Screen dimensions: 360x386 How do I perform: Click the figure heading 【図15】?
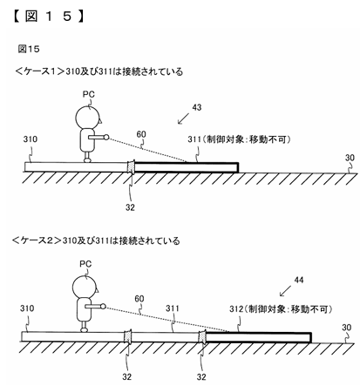[49, 17]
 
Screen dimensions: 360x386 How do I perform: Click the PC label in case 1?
[89, 94]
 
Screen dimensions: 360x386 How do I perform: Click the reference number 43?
[197, 107]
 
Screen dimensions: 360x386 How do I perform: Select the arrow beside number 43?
[183, 119]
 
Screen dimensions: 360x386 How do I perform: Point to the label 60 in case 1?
[141, 134]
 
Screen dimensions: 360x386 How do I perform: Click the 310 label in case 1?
[31, 139]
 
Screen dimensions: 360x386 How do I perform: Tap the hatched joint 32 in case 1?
[132, 166]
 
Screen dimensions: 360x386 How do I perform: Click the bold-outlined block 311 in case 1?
[187, 167]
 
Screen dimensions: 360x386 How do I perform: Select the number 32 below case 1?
[130, 207]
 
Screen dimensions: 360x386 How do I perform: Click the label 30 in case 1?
[350, 158]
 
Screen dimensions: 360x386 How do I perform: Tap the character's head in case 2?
[85, 287]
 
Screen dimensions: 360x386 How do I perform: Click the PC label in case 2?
[85, 264]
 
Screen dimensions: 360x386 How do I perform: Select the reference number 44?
[299, 280]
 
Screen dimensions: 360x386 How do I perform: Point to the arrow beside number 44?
[285, 291]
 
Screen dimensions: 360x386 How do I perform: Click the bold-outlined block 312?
[258, 337]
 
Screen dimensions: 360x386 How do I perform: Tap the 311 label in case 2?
[172, 308]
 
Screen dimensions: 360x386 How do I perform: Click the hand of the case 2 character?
[103, 306]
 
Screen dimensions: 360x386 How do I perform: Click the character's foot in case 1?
[87, 160]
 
